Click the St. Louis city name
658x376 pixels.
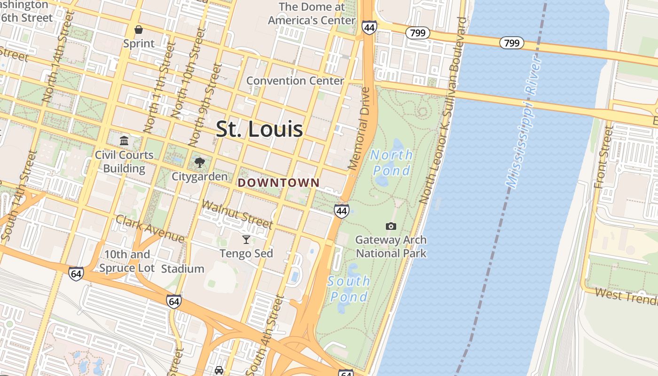(x=259, y=129)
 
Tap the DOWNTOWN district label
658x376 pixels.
(x=279, y=182)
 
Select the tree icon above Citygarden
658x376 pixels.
(x=200, y=163)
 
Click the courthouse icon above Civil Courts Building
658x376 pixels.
(x=124, y=141)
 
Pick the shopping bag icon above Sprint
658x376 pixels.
(x=139, y=30)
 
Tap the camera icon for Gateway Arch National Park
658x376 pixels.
(x=391, y=226)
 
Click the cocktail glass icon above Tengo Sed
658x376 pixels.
(x=246, y=240)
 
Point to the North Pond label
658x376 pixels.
(x=391, y=162)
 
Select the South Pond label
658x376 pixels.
(x=349, y=289)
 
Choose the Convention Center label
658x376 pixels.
(x=295, y=80)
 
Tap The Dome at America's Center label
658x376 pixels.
(x=312, y=14)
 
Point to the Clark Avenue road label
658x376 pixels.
(x=150, y=229)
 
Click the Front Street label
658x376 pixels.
(x=604, y=157)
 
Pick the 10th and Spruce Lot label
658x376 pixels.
(x=126, y=261)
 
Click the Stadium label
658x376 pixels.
(x=183, y=269)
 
